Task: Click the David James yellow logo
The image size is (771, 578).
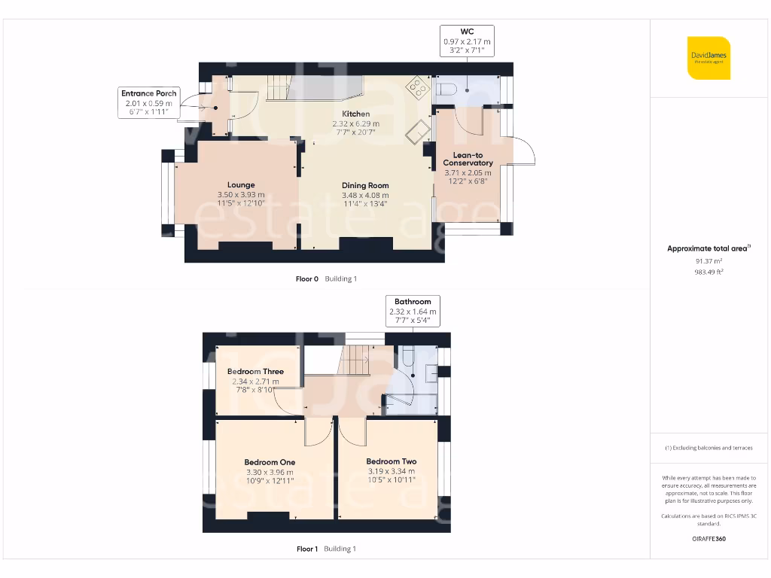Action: pyautogui.click(x=709, y=58)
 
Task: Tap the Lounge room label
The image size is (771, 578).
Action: pyautogui.click(x=241, y=184)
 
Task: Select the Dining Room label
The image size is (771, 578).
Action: pyautogui.click(x=365, y=185)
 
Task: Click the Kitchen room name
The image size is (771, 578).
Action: pyautogui.click(x=356, y=114)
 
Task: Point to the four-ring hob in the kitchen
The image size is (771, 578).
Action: pyautogui.click(x=415, y=87)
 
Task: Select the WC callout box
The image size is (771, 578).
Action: pyautogui.click(x=467, y=41)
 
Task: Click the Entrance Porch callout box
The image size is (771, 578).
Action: pyautogui.click(x=148, y=102)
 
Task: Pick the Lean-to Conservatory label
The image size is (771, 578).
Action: pyautogui.click(x=468, y=158)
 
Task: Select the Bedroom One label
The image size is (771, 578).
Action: pyautogui.click(x=270, y=462)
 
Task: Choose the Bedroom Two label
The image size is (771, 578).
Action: pyautogui.click(x=391, y=461)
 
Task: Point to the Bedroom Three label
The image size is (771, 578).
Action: pyautogui.click(x=255, y=371)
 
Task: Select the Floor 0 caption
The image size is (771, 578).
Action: pyautogui.click(x=307, y=278)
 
